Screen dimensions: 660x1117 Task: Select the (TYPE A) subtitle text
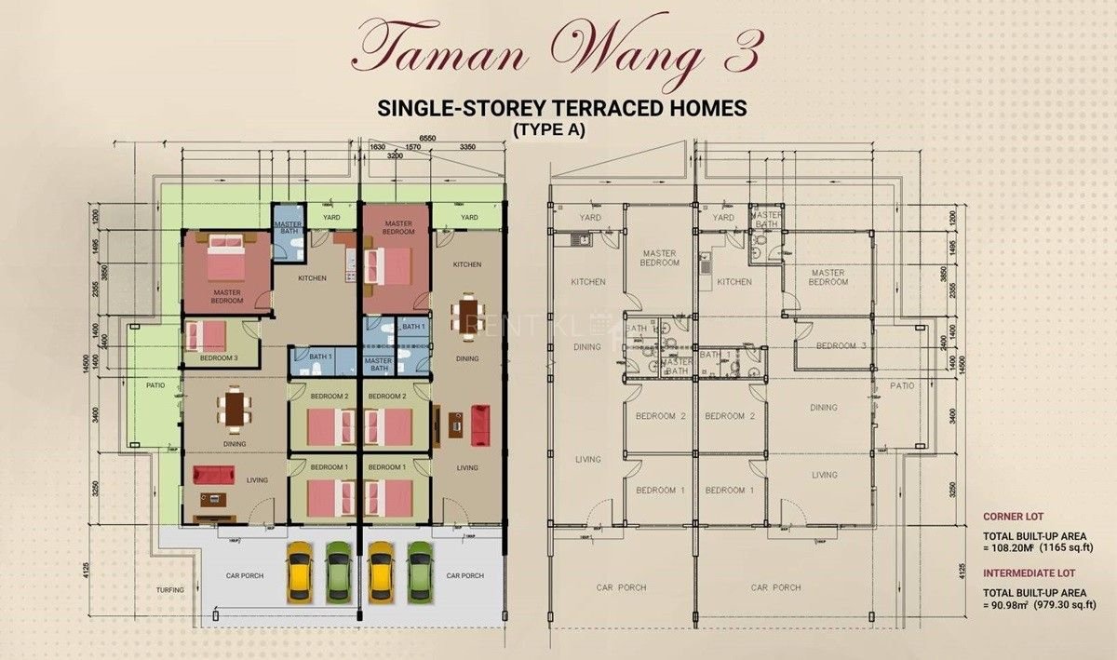coord(548,130)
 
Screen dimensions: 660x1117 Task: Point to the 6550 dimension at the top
coord(428,138)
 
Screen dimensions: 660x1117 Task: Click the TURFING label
coord(170,590)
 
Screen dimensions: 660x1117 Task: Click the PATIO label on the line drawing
coord(901,385)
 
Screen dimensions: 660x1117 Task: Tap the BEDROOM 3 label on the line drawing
coord(841,346)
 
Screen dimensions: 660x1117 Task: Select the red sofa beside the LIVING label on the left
coord(214,475)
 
